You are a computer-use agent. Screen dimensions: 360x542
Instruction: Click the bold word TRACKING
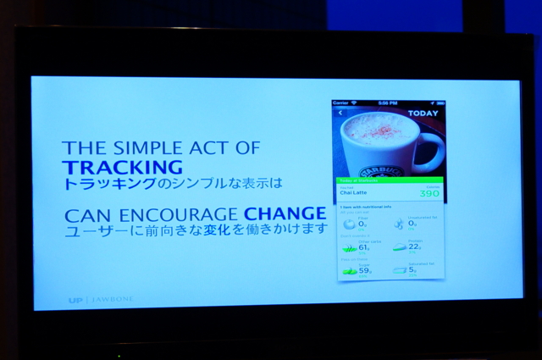(x=123, y=167)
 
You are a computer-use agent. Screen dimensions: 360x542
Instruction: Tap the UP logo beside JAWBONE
(x=75, y=300)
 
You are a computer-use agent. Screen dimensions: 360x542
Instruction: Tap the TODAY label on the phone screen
(x=423, y=113)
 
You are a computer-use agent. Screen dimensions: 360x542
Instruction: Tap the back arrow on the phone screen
(x=340, y=112)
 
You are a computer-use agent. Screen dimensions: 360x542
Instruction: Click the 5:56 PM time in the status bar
(x=388, y=102)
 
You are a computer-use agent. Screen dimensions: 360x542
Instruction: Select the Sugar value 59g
(x=364, y=271)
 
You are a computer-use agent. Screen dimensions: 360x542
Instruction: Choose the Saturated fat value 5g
(x=412, y=271)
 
